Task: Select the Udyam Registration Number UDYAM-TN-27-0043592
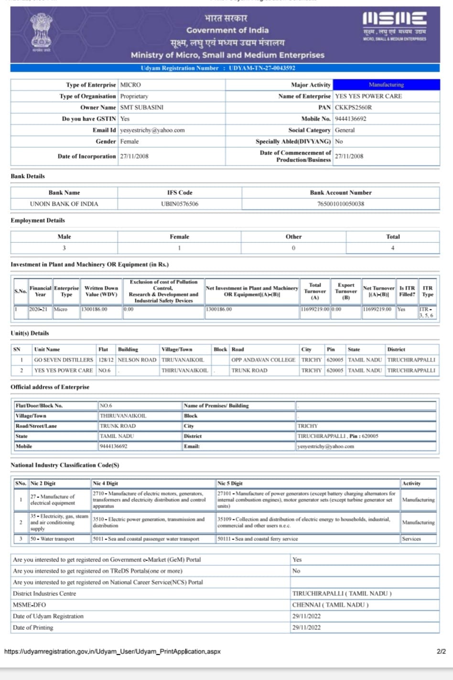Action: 262,68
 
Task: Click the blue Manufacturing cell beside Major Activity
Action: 386,85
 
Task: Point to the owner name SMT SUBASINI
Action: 141,108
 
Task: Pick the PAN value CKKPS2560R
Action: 353,108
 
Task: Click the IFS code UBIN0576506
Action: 180,204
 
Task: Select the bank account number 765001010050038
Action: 341,204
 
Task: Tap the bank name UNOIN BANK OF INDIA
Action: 64,204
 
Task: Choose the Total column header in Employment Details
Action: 393,237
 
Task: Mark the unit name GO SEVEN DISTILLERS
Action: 64,360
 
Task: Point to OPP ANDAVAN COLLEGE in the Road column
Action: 263,360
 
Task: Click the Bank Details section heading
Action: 28,176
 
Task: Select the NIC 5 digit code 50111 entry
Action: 258,539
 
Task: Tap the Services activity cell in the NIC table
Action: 411,539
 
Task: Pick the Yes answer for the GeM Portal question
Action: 297,560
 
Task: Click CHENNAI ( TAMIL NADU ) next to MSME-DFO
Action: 330,605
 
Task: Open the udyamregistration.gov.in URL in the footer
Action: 112,651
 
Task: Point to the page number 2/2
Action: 441,651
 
